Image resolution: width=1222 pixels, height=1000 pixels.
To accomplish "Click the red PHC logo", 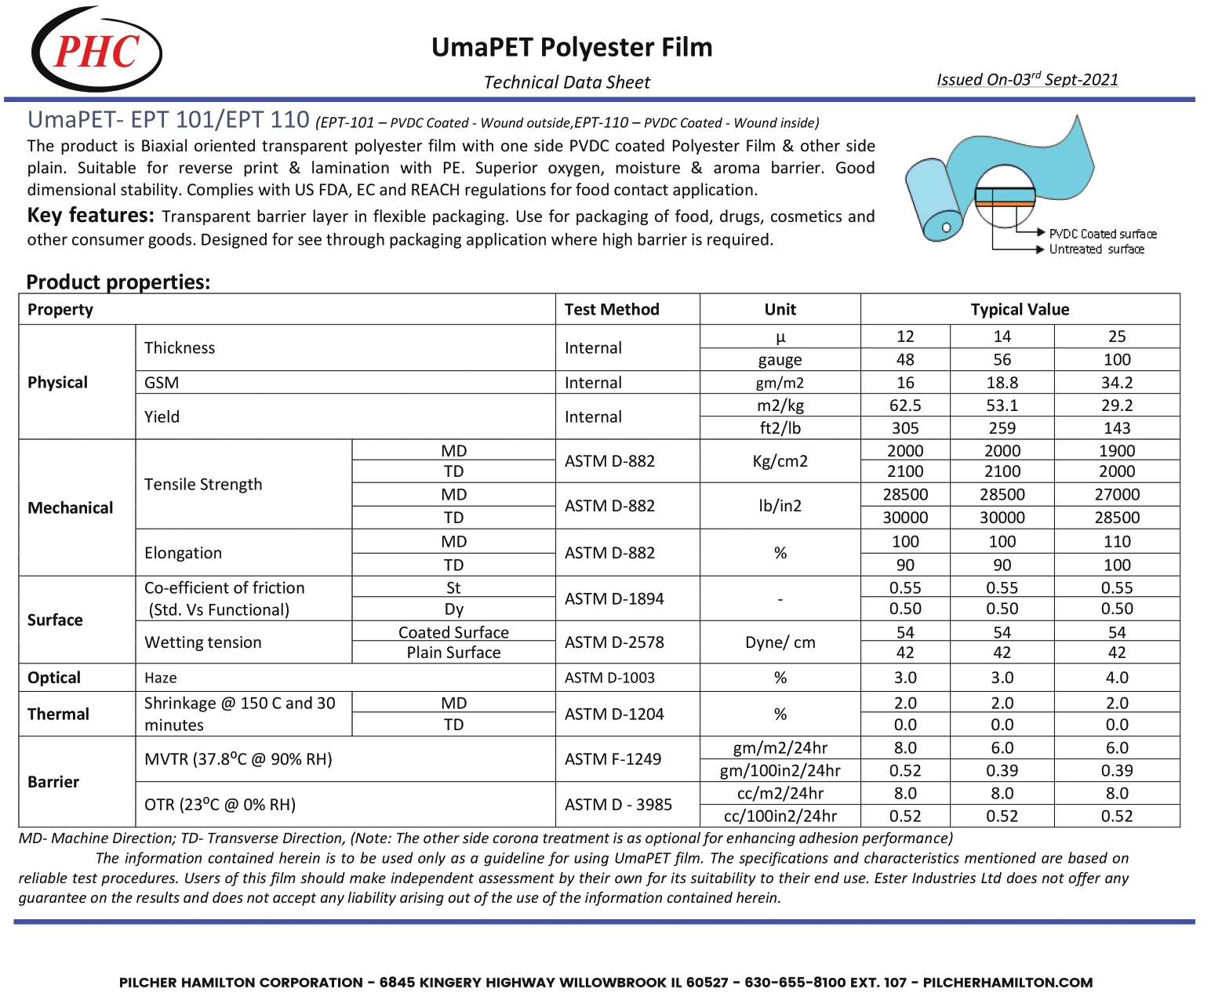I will pyautogui.click(x=96, y=51).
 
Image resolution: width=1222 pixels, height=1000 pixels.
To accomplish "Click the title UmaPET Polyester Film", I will pyautogui.click(x=572, y=47).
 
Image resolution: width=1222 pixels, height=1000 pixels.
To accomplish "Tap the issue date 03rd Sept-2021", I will pyautogui.click(x=1027, y=79).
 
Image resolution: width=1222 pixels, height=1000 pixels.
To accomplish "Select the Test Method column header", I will pyautogui.click(x=612, y=309).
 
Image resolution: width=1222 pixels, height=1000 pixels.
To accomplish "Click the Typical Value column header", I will pyautogui.click(x=1020, y=309).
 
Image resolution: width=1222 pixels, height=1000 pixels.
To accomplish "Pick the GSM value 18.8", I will pyautogui.click(x=1002, y=382).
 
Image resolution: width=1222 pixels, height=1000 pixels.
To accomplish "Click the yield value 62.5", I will pyautogui.click(x=905, y=405).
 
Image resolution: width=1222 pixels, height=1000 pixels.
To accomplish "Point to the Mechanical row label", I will pyautogui.click(x=71, y=507).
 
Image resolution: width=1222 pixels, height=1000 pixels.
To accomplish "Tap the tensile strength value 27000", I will pyautogui.click(x=1116, y=494).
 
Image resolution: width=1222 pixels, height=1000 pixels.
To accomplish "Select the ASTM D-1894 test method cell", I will pyautogui.click(x=614, y=598).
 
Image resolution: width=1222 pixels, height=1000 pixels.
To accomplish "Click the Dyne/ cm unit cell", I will pyautogui.click(x=780, y=642).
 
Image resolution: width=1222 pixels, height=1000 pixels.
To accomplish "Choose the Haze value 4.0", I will pyautogui.click(x=1116, y=677).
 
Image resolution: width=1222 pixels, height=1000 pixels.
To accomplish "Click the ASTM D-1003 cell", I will pyautogui.click(x=609, y=678).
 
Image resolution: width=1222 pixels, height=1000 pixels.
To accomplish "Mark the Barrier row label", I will pyautogui.click(x=53, y=782).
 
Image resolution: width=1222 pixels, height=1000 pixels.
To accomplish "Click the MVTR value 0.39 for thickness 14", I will pyautogui.click(x=1002, y=771).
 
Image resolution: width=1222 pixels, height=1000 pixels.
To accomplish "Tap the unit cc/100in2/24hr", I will pyautogui.click(x=780, y=816).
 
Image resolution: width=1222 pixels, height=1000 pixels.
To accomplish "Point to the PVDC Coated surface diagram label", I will pyautogui.click(x=1103, y=234).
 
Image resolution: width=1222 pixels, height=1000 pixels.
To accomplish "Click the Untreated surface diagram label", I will pyautogui.click(x=1097, y=249).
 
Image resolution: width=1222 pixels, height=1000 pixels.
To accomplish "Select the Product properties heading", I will pyautogui.click(x=118, y=282).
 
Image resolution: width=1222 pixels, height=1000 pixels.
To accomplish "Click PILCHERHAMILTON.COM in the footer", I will pyautogui.click(x=1007, y=982).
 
